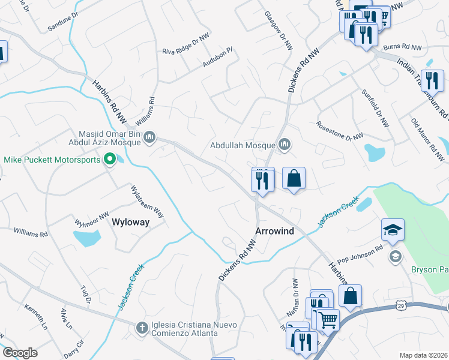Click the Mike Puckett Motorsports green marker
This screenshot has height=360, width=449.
pos(110,159)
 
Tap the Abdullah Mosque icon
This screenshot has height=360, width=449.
pos(285,145)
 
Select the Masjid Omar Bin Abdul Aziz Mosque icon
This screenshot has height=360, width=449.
pos(150,139)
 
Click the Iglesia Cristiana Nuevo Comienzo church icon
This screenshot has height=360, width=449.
pos(142,327)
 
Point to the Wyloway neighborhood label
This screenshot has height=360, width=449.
pos(131,222)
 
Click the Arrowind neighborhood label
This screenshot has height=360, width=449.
pos(273,231)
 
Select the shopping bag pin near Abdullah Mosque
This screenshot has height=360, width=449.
pos(294,179)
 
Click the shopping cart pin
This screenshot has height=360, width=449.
pos(328,319)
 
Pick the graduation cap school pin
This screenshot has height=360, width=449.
pos(393,230)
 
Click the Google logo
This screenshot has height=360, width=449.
pos(20,353)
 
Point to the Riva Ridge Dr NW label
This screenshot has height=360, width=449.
pos(185,47)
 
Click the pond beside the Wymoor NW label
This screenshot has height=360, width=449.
pos(87,238)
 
